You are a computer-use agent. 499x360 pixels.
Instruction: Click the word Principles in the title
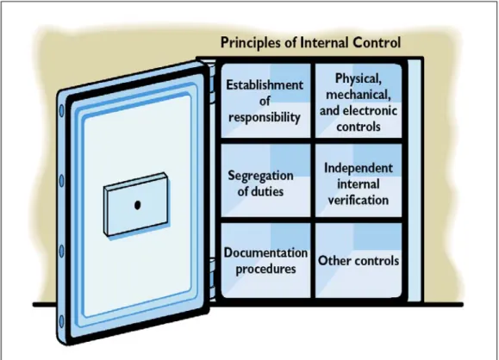[x=251, y=42]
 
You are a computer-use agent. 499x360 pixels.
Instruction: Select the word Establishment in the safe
[x=265, y=85]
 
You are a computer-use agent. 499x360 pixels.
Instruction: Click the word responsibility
[x=265, y=117]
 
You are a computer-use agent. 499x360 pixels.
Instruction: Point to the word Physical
[x=359, y=78]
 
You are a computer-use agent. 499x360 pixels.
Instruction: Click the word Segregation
[x=260, y=176]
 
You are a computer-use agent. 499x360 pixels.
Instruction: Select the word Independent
[x=359, y=168]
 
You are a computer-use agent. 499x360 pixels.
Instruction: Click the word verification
[x=359, y=200]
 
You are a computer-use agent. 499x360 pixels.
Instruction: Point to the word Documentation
[x=265, y=253]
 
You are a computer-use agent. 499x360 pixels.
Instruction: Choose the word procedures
[x=265, y=269]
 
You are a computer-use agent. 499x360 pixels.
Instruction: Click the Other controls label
[x=359, y=261]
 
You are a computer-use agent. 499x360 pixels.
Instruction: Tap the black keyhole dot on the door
[x=138, y=205]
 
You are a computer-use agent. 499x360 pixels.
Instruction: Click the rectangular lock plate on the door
[x=136, y=205]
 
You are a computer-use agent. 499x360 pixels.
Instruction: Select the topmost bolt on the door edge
[x=61, y=111]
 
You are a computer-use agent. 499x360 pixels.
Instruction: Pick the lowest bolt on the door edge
[x=61, y=321]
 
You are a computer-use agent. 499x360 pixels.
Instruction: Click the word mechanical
[x=359, y=95]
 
